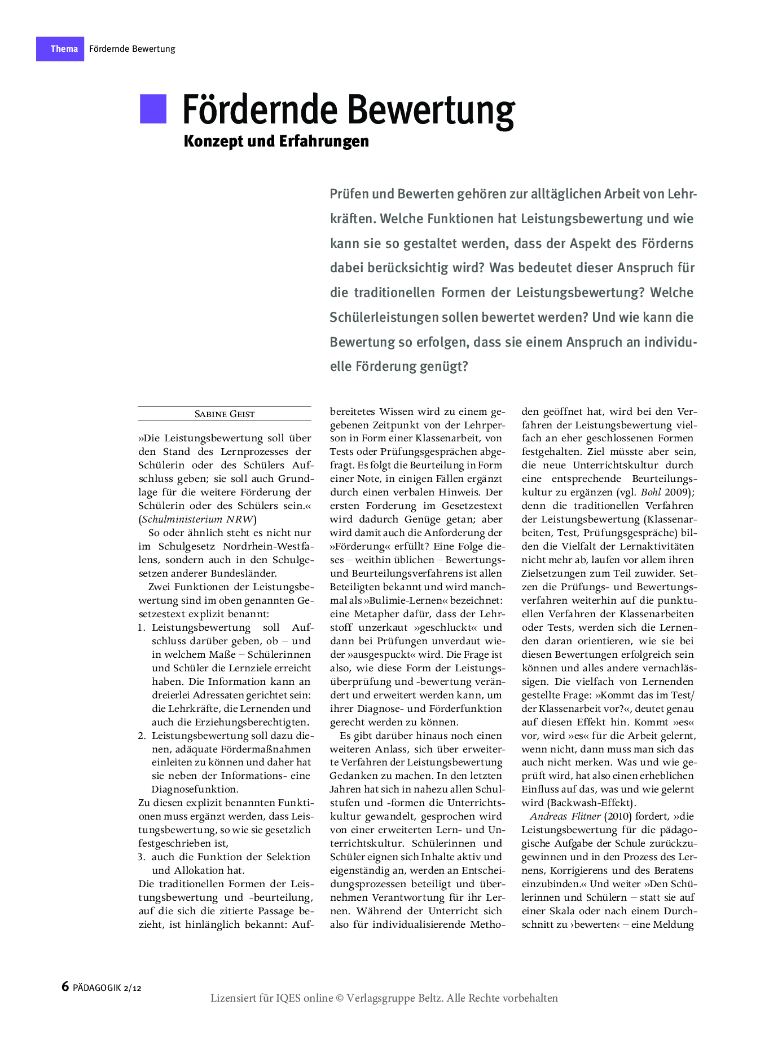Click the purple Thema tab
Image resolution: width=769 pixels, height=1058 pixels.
[60, 49]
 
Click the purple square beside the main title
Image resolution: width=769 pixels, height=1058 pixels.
[153, 109]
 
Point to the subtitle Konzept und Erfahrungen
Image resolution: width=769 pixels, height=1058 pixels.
[276, 141]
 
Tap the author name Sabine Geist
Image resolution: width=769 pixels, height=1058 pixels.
[225, 414]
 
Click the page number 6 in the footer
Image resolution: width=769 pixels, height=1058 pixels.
[65, 986]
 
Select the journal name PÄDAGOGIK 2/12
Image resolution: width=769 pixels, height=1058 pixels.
[107, 988]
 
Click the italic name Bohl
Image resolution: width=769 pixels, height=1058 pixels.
[651, 492]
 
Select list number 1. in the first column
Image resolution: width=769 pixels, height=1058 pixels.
[142, 627]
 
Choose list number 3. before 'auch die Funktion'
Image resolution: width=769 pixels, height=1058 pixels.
[142, 857]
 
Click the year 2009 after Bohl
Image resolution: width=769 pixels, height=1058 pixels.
[676, 492]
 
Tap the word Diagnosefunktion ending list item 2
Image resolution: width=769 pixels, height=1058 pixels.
[195, 789]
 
